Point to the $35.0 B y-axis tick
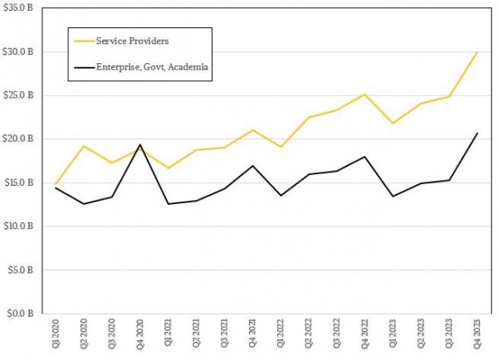pyautogui.click(x=17, y=8)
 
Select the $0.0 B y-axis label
pyautogui.click(x=20, y=314)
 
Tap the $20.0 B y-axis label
pyautogui.click(x=17, y=139)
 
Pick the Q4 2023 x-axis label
pyautogui.click(x=477, y=337)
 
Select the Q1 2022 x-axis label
pyautogui.click(x=281, y=337)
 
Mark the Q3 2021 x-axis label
pyautogui.click(x=224, y=337)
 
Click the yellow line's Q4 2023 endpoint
pyautogui.click(x=477, y=51)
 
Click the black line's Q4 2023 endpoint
pyautogui.click(x=477, y=133)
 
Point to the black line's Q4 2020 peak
pyautogui.click(x=140, y=144)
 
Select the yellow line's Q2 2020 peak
pyautogui.click(x=84, y=146)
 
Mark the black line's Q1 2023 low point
pyautogui.click(x=393, y=197)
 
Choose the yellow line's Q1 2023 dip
pyautogui.click(x=393, y=124)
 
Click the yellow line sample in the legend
pyautogui.click(x=84, y=40)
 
